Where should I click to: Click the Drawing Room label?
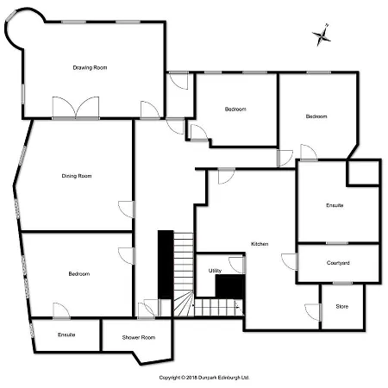pos(90,67)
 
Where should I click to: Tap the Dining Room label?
pos(76,176)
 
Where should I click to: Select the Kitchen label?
pos(260,244)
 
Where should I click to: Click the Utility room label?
pos(215,271)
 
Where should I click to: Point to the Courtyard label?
pos(338,263)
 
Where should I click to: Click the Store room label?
pos(341,306)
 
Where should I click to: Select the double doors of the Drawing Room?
pos(76,109)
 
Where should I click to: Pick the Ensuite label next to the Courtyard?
pos(335,205)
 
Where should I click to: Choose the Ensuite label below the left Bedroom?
pos(66,334)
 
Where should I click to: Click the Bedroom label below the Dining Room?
pos(78,273)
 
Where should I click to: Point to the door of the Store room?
pos(312,310)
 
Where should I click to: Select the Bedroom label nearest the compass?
pos(316,116)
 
